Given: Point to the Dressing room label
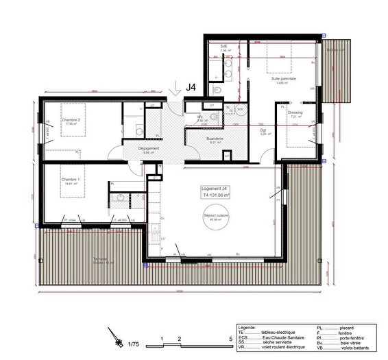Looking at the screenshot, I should [295, 112].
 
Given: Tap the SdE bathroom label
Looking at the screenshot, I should [224, 46].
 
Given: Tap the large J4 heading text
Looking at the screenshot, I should [193, 87].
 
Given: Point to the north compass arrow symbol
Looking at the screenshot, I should [112, 335].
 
